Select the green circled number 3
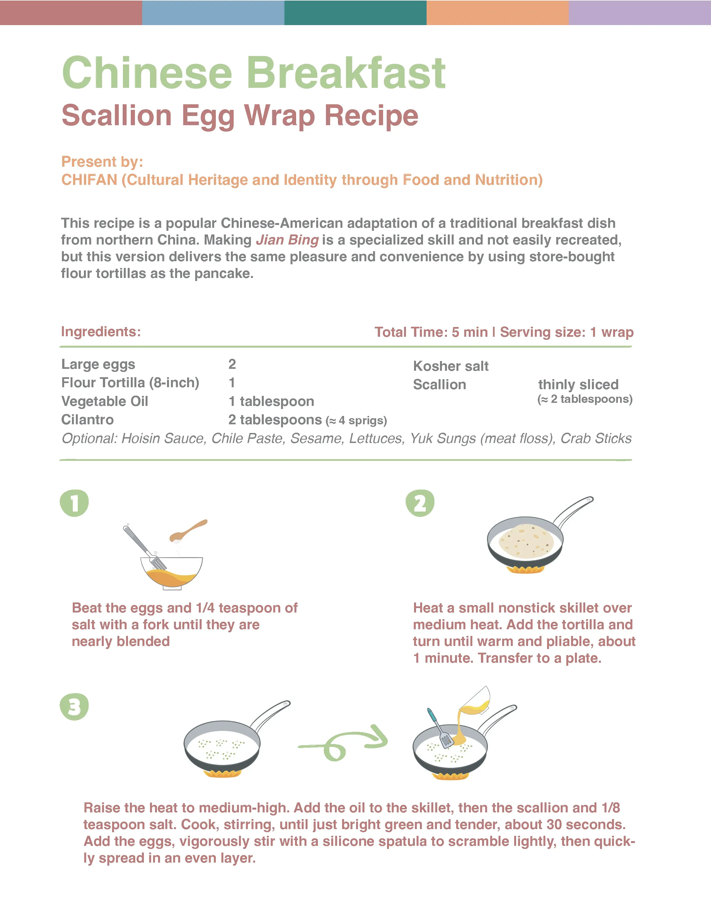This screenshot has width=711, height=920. click(x=74, y=706)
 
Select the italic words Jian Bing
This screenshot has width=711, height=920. click(x=287, y=240)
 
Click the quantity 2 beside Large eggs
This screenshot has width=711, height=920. click(x=232, y=364)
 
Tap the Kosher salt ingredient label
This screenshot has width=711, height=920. click(x=451, y=366)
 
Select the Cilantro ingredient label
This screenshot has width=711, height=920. click(x=87, y=420)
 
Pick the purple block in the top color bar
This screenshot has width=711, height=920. click(x=639, y=12)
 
